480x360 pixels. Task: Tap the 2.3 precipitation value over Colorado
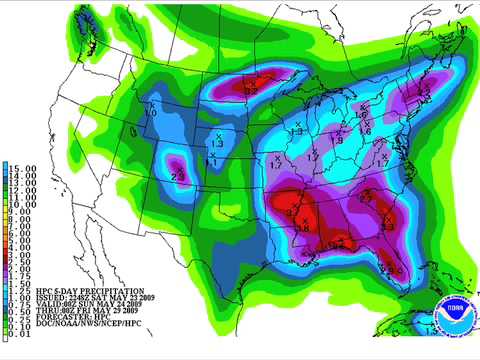(179, 176)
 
